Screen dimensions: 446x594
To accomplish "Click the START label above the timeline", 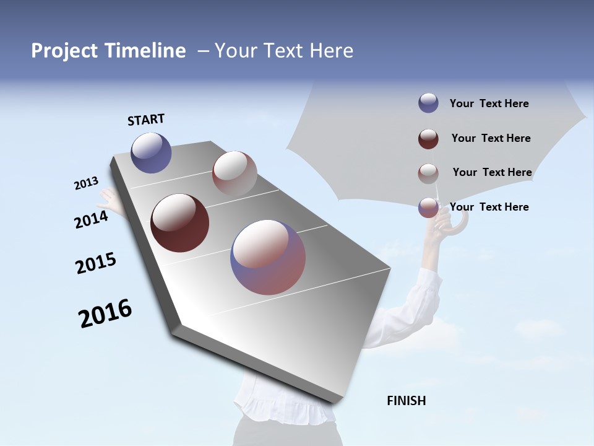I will pos(146,120).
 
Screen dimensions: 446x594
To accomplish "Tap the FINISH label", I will pos(406,401).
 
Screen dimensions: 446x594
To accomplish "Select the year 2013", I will pos(86,184).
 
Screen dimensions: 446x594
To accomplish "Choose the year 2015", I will pos(95,264).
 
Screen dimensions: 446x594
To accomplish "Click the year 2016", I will pos(105,314).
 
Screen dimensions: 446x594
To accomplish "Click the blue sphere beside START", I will pos(151,152).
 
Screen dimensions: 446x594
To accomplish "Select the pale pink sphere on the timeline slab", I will pos(235,173).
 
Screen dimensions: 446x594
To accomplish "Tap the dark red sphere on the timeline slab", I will pos(179,223).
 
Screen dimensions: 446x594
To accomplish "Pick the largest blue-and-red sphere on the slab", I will pos(268,257).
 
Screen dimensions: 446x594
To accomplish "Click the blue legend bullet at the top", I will pos(428,103).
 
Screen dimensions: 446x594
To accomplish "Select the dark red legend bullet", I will pos(428,139).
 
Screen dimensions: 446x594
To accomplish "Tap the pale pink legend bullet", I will pos(428,173).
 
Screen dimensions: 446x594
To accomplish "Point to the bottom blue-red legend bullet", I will pos(428,208).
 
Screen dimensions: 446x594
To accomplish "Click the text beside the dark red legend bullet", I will pos(491,138).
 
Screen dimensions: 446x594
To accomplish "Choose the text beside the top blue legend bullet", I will pos(489,103).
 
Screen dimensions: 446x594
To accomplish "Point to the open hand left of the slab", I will pos(106,199).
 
